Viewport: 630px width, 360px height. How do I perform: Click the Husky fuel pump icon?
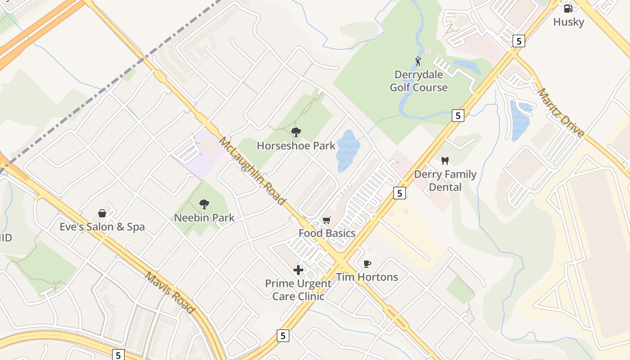[x=568, y=8]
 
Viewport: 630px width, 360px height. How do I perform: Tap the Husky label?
[x=568, y=22]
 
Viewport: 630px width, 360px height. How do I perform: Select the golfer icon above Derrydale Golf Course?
[x=418, y=61]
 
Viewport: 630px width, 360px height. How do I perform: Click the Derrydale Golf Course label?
[x=418, y=81]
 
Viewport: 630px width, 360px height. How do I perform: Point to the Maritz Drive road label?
[x=561, y=113]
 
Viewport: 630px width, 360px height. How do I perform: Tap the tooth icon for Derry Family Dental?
[x=445, y=161]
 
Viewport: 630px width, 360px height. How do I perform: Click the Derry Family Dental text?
[x=445, y=180]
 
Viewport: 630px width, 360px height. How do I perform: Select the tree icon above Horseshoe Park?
[x=296, y=132]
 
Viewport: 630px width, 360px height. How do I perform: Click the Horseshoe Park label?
[x=296, y=146]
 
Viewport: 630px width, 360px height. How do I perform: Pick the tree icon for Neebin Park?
[x=204, y=204]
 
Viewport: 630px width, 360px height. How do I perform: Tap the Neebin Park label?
[x=204, y=218]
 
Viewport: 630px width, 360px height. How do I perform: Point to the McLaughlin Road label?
[x=252, y=171]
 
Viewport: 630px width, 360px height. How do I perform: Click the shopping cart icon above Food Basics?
[x=327, y=220]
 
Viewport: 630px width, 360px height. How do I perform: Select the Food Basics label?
[x=327, y=233]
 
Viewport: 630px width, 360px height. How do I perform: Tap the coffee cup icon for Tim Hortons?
[x=367, y=264]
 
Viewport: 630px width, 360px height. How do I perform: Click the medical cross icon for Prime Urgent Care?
[x=298, y=270]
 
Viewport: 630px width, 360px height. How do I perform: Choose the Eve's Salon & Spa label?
[x=102, y=227]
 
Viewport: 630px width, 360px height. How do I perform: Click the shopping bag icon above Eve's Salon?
[x=102, y=213]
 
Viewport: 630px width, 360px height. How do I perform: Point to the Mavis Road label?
[x=170, y=292]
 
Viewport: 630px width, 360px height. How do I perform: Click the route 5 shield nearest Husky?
[x=519, y=41]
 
